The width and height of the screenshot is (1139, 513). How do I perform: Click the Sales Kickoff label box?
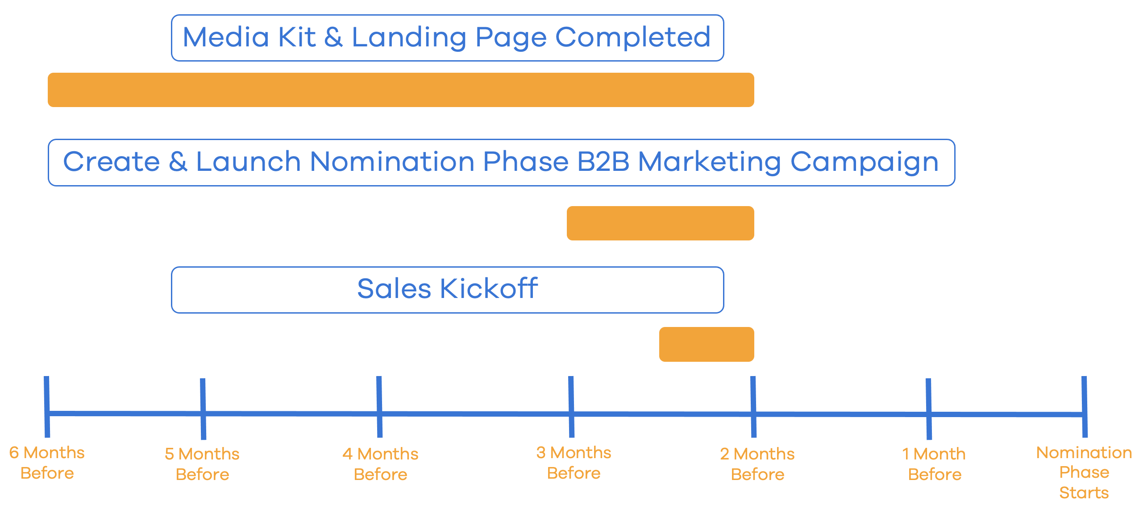point(447,290)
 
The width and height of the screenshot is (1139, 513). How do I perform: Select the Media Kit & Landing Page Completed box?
point(447,38)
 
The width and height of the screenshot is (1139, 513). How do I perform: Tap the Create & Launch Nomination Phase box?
point(501,162)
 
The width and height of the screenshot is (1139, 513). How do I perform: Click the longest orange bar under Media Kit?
point(401,90)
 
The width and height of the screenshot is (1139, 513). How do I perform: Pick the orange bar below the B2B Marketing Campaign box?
point(661,223)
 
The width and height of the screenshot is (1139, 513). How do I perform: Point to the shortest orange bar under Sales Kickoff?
point(707,344)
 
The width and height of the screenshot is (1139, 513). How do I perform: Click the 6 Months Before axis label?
point(47,463)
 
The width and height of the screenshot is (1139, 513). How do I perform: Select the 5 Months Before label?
point(202,464)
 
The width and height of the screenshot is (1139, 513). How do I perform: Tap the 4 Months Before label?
point(380,464)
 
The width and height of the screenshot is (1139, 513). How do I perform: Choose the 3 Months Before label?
point(574,463)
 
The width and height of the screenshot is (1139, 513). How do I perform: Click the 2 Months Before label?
point(757,464)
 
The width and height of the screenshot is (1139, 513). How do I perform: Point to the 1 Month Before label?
point(934,464)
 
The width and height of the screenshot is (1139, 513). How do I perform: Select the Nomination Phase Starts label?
point(1084,472)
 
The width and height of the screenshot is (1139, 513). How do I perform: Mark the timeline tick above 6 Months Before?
point(47,407)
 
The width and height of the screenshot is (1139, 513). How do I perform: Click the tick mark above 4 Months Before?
point(379,407)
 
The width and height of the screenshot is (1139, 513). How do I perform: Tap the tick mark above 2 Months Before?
point(753,407)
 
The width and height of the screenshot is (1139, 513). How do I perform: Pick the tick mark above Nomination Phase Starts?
point(1085,407)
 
